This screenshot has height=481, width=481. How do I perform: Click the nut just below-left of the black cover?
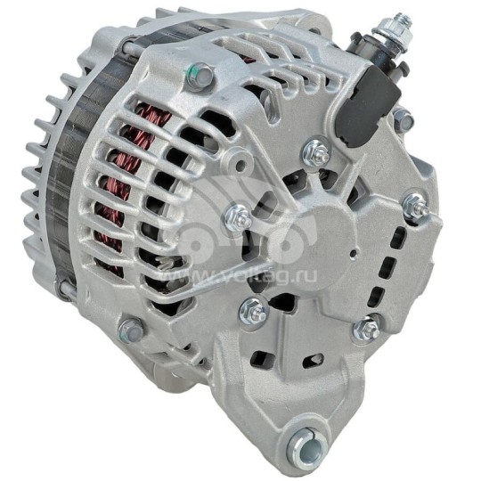tap(314, 154)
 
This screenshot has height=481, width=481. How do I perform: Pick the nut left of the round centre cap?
tap(239, 213)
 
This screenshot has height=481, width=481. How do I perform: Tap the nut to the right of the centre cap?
tap(412, 206)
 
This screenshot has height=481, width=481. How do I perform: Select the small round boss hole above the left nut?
tap(233, 163)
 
